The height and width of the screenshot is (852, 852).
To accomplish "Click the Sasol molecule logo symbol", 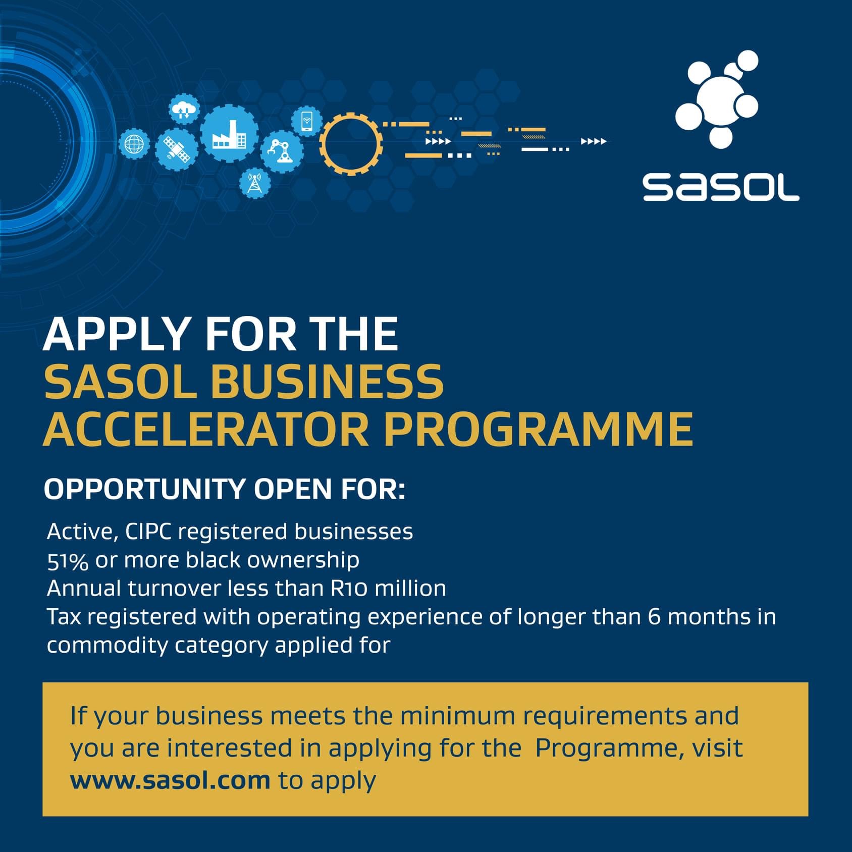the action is point(717,99).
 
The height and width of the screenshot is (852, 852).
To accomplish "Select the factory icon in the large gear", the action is point(230,134).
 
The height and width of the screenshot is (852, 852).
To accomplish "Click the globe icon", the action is point(134,144).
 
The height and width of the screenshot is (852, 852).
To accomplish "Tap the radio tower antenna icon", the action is point(255,183).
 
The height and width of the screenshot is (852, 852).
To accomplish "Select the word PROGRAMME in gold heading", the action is point(538,430).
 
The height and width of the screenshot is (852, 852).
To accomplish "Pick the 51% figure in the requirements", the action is point(68,561).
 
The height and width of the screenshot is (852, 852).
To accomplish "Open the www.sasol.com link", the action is point(170,780).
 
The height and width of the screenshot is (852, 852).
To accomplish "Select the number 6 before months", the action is point(655,617).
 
